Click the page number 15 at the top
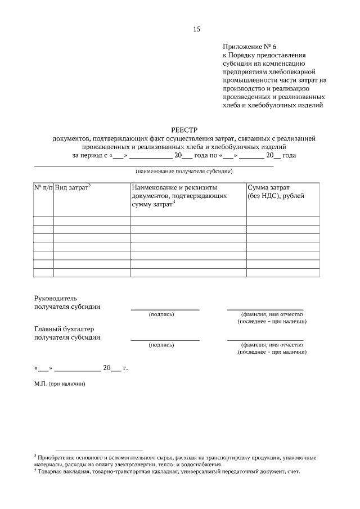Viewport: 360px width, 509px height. point(196,29)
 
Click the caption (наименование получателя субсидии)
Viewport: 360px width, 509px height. point(184,171)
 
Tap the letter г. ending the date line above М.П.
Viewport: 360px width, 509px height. point(125,368)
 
